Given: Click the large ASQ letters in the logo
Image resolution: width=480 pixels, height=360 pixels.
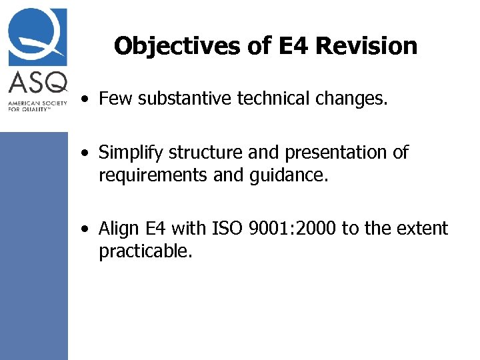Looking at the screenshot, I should tap(38, 83).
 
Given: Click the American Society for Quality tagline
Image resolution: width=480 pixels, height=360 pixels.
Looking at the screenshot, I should tap(33, 106).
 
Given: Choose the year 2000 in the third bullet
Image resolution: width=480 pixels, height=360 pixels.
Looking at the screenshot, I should tap(317, 229).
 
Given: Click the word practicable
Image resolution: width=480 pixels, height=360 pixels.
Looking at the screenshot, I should tap(145, 251).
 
